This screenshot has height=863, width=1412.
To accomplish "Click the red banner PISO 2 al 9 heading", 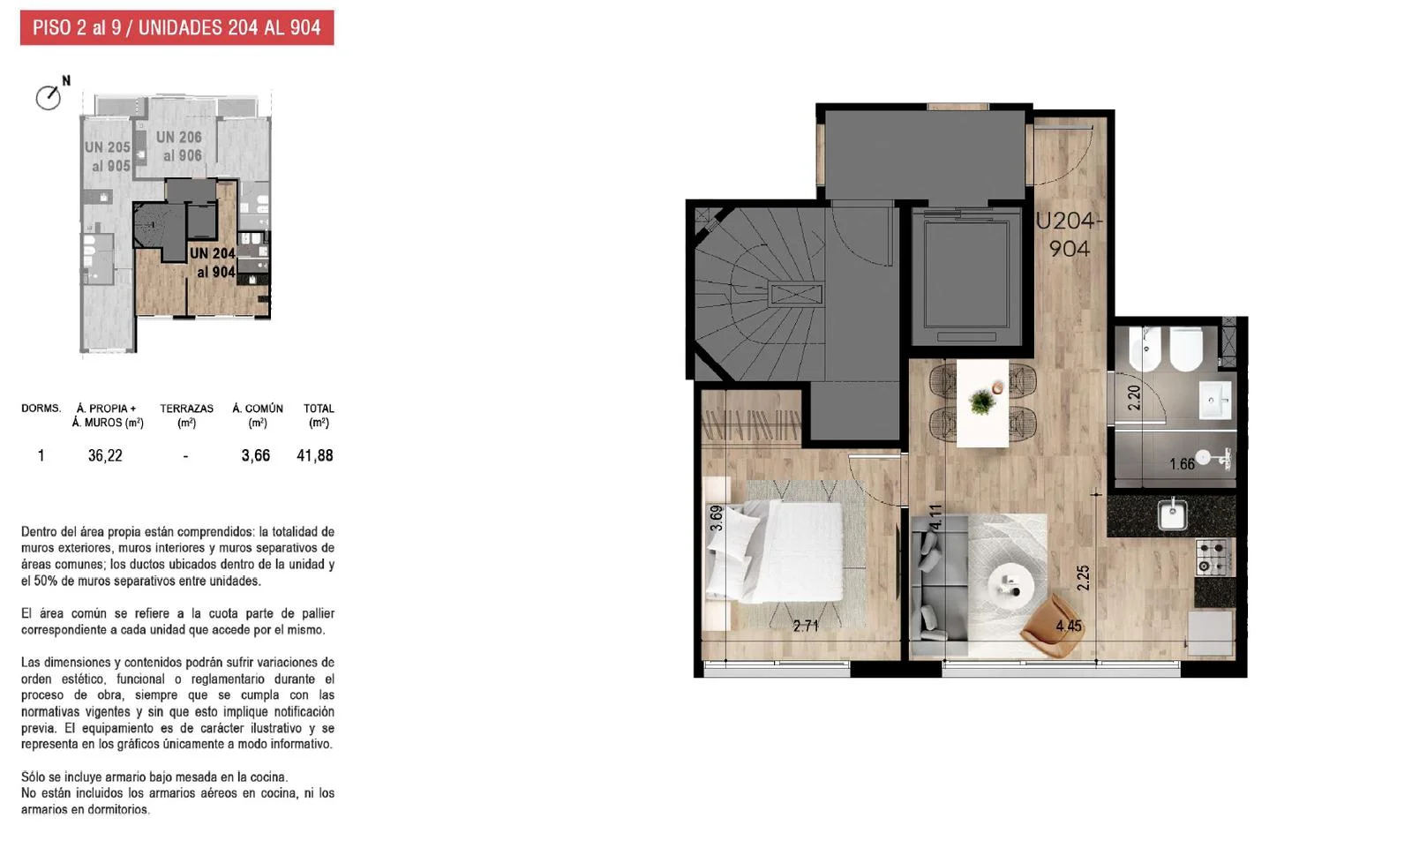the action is click(x=176, y=27).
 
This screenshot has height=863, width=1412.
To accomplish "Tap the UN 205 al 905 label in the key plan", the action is click(x=108, y=156).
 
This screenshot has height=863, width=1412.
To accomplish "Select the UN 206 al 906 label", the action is click(x=180, y=146).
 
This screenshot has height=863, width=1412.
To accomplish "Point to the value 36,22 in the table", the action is click(x=105, y=456).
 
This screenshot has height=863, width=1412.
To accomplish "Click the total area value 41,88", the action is click(x=314, y=456).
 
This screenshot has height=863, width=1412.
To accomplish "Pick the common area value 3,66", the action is click(x=255, y=456).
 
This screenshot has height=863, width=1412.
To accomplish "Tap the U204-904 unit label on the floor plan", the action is click(x=1069, y=235).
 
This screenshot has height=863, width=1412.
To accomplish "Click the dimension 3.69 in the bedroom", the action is click(x=716, y=518).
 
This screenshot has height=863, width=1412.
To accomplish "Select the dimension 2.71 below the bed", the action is click(x=806, y=626).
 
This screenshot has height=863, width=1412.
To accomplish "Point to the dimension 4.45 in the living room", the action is click(x=1069, y=626).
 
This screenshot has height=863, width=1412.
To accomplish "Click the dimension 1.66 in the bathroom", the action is click(x=1182, y=465).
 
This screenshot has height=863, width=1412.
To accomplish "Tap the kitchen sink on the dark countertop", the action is click(x=1173, y=514).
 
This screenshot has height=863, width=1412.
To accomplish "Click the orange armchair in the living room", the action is click(x=1053, y=626).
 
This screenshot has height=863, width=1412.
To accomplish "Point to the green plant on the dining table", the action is click(x=981, y=401).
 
